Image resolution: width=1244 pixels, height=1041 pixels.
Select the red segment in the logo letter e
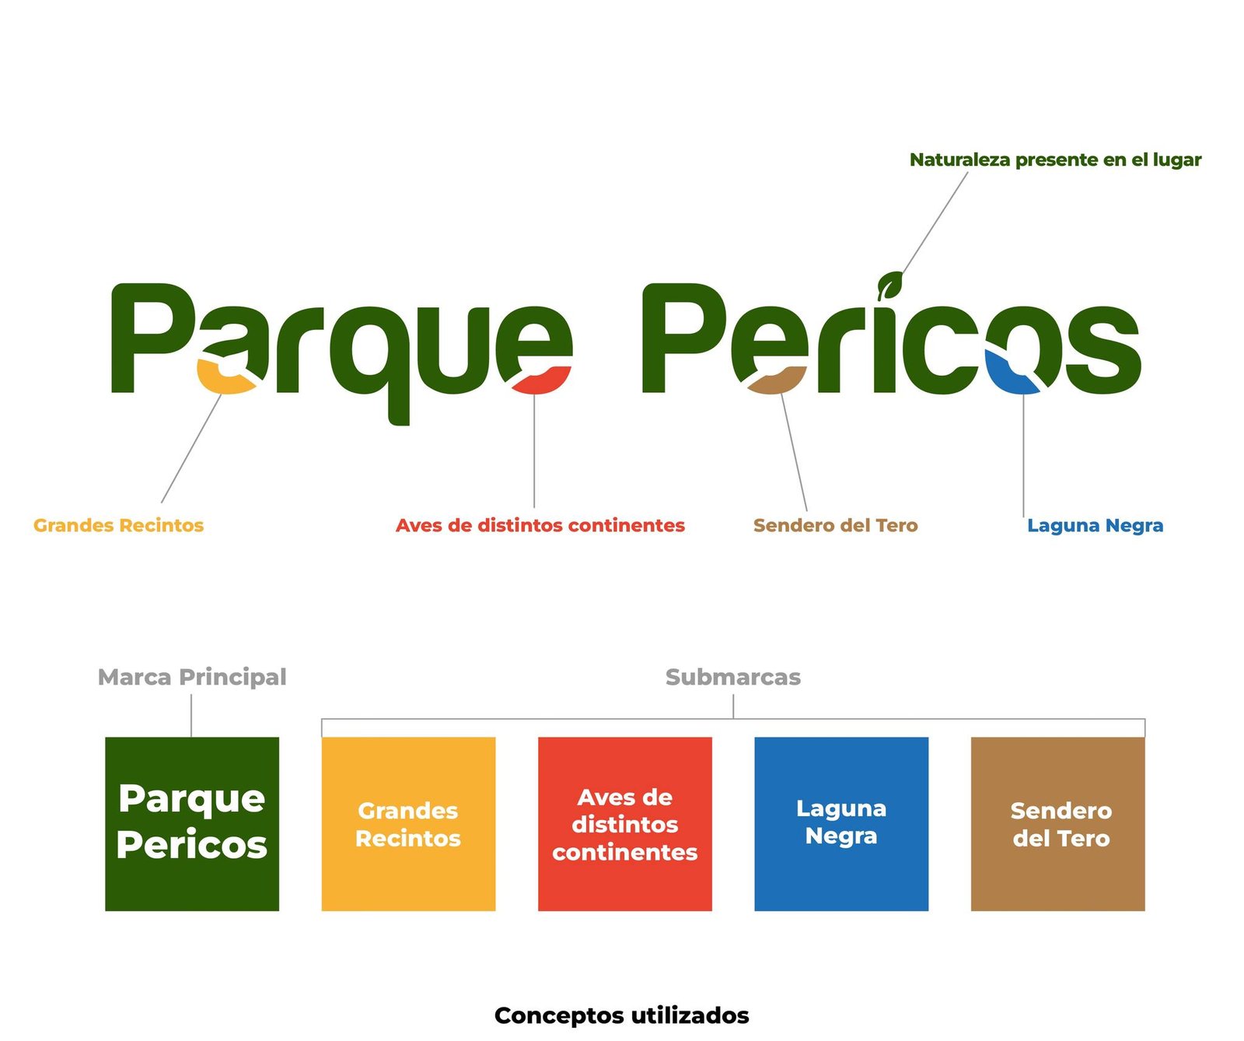[542, 380]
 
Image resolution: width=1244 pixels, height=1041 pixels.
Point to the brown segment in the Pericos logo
[775, 380]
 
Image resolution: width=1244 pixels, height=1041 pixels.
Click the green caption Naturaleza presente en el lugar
[1055, 160]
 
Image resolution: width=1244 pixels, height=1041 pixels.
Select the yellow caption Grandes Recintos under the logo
[118, 525]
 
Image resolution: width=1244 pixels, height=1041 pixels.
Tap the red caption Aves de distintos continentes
[540, 525]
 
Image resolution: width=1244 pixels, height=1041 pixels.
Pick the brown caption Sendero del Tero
[835, 525]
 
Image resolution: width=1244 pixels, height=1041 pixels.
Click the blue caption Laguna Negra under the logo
[1095, 526]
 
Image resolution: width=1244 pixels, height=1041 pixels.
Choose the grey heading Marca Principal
[192, 677]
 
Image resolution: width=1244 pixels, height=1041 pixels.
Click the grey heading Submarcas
[732, 677]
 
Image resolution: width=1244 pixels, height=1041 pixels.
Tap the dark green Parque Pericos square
[192, 824]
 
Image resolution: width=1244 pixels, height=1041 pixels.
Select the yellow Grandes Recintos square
[408, 824]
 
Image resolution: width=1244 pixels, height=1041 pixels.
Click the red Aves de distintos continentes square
[625, 824]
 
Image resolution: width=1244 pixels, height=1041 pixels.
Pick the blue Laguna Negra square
[841, 824]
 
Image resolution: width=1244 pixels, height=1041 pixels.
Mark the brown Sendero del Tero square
[1057, 824]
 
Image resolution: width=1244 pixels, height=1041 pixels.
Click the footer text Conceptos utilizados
[622, 1015]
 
